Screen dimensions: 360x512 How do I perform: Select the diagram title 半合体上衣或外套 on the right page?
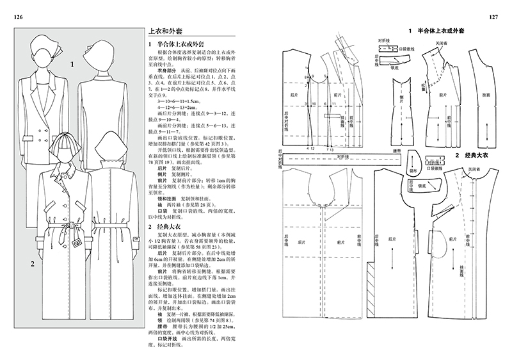click(x=441, y=30)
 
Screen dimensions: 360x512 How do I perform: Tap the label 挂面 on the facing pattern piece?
click(x=487, y=95)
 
